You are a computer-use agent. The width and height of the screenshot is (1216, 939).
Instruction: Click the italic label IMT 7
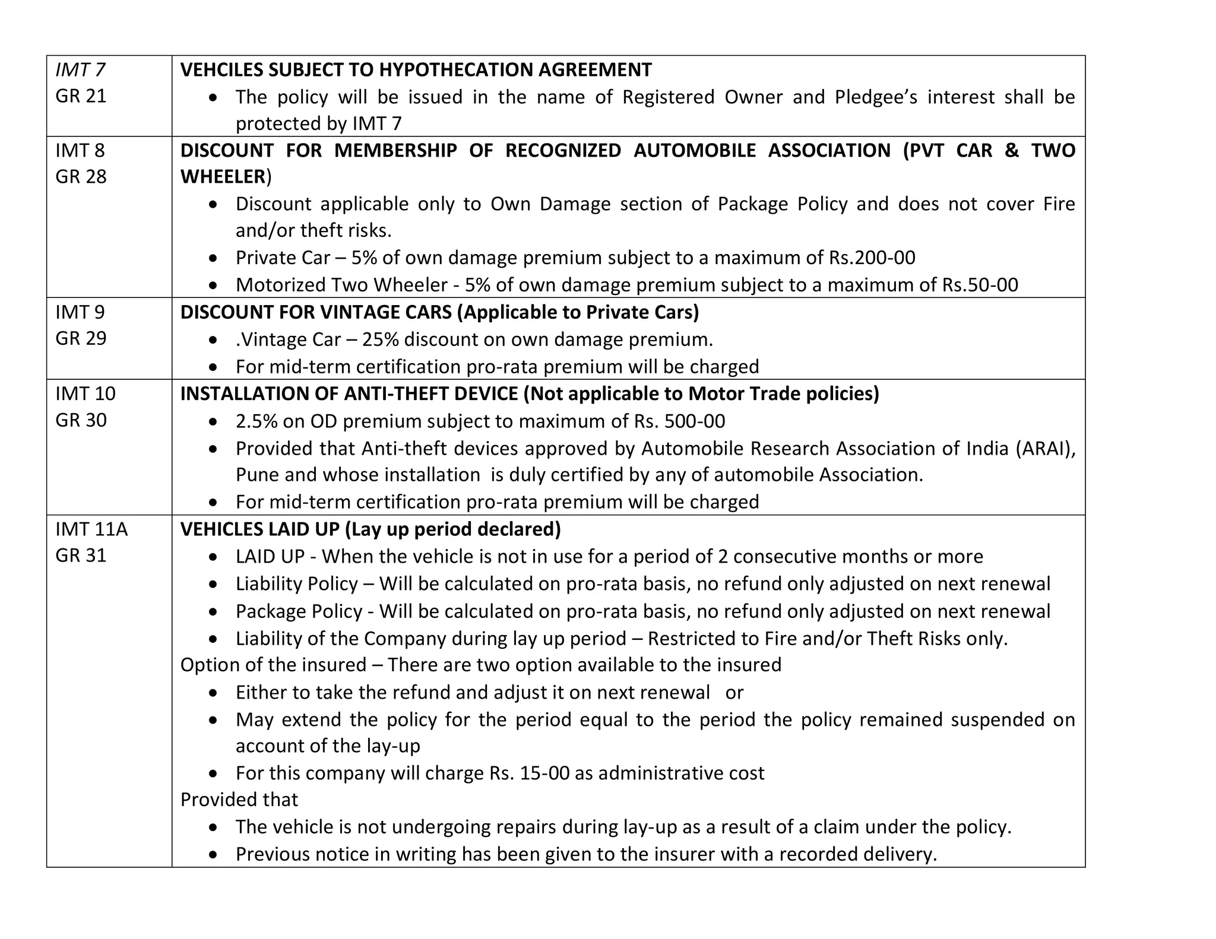80,70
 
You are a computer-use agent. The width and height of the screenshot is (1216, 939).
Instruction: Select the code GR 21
81,96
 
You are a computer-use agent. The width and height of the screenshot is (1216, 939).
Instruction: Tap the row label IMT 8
80,151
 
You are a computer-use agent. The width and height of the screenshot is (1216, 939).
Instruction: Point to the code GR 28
81,177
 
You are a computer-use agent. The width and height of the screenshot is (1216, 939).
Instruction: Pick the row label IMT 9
80,312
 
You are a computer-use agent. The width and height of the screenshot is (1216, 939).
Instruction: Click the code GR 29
81,338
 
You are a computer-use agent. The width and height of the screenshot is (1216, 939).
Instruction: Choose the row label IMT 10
85,394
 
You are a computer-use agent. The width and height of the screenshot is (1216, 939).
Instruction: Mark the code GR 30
81,420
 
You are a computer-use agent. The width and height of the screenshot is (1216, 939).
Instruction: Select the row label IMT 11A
91,529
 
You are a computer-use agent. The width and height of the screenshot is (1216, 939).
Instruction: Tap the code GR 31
81,556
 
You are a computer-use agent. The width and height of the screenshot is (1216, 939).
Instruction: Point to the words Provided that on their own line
239,800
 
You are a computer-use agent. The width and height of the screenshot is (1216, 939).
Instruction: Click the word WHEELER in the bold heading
223,177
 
